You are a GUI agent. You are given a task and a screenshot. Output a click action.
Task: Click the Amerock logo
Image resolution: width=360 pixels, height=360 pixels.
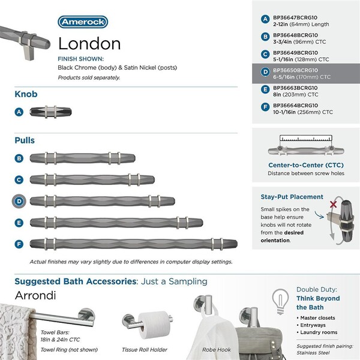(83, 22)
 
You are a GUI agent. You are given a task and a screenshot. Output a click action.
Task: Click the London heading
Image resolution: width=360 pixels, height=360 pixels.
(89, 43)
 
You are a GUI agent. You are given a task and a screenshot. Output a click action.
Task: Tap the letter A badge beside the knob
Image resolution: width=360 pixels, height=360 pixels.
(20, 112)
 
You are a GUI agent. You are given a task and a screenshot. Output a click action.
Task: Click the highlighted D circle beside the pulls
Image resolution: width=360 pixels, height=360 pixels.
(20, 200)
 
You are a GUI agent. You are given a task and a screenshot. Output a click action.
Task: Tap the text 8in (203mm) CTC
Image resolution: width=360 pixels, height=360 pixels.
(295, 95)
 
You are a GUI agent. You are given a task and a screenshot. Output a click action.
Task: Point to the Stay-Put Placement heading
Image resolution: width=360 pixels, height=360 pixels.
(292, 197)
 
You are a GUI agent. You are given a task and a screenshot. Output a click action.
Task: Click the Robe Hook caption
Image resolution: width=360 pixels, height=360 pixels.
(216, 349)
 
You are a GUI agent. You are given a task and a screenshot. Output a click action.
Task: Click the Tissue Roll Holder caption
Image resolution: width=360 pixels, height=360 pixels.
(145, 349)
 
